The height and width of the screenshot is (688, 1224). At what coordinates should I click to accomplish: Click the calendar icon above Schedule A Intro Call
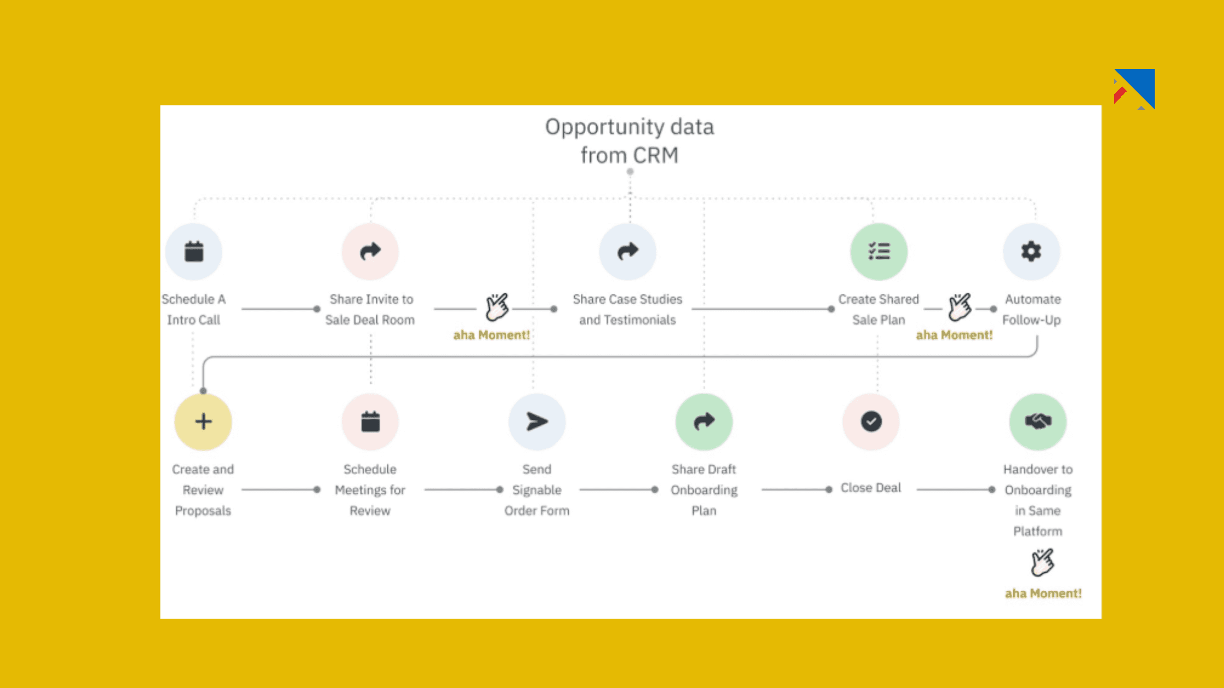pyautogui.click(x=194, y=252)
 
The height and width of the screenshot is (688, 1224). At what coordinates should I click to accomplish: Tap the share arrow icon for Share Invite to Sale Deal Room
pyautogui.click(x=370, y=252)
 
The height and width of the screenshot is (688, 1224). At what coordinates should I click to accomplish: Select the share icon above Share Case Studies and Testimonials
pyautogui.click(x=628, y=252)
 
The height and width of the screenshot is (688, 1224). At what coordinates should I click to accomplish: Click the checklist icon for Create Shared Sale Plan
pyautogui.click(x=879, y=252)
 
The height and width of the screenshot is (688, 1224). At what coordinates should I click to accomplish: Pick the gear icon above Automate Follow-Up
pyautogui.click(x=1031, y=252)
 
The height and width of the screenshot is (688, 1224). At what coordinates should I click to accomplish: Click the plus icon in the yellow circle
pyautogui.click(x=203, y=422)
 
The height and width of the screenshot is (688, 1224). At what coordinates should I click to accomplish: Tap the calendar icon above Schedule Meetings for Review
pyautogui.click(x=370, y=422)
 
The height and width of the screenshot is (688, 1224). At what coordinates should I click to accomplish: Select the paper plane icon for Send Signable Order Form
pyautogui.click(x=537, y=422)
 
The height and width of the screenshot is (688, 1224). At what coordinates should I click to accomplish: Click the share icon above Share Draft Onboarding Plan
pyautogui.click(x=704, y=422)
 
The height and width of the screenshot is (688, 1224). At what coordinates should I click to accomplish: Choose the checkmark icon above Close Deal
pyautogui.click(x=871, y=422)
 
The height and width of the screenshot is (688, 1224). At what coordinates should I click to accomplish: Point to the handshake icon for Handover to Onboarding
pyautogui.click(x=1038, y=422)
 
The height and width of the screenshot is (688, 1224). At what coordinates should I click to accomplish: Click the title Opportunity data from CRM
pyautogui.click(x=629, y=141)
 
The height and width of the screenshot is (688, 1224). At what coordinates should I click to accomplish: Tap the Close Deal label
pyautogui.click(x=870, y=488)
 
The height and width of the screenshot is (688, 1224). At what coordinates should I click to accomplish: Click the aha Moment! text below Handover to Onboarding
pyautogui.click(x=1043, y=594)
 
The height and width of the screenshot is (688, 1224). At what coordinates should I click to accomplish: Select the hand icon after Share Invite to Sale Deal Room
pyautogui.click(x=497, y=307)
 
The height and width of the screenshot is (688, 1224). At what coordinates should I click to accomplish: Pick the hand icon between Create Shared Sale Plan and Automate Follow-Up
pyautogui.click(x=960, y=307)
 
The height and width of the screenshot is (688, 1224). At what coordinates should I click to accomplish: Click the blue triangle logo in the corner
pyautogui.click(x=1138, y=86)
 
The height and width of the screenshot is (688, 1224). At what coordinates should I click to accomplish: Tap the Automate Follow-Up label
pyautogui.click(x=1032, y=310)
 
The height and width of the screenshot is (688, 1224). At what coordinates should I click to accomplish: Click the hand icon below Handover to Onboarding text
pyautogui.click(x=1042, y=563)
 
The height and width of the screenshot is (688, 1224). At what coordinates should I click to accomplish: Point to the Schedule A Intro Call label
pyautogui.click(x=193, y=310)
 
